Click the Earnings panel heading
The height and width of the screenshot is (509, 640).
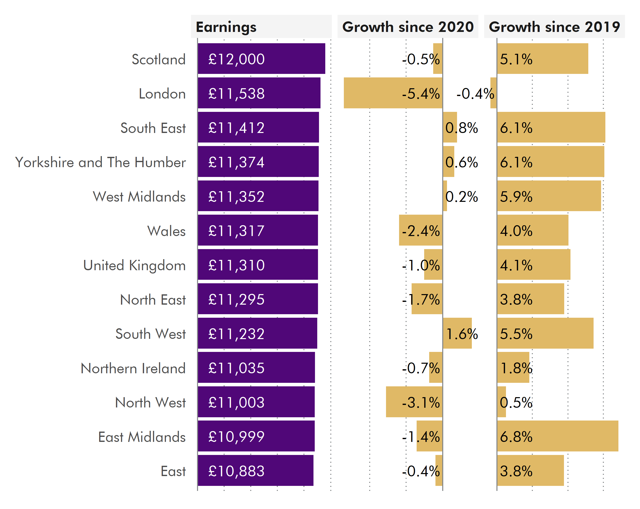[226, 27]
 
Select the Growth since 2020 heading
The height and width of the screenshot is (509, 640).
[408, 27]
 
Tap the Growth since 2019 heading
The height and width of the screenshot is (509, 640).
[554, 27]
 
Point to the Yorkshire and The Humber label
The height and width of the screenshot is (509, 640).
[100, 162]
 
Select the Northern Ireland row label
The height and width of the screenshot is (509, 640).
[133, 368]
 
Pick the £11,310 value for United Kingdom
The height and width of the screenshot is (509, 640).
[236, 265]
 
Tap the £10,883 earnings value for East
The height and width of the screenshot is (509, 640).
[236, 471]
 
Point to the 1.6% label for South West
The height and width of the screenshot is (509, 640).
[462, 334]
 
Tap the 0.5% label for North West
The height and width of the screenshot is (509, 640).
[516, 403]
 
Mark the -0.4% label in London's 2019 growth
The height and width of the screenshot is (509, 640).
[475, 94]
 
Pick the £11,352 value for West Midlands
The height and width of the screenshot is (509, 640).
[236, 197]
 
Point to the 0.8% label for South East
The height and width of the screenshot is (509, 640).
[461, 128]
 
